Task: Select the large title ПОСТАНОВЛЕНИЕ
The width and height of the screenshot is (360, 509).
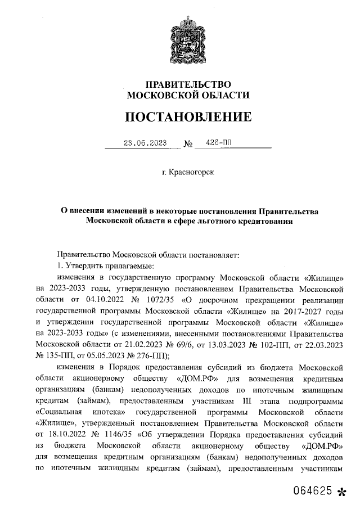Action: [x=188, y=118]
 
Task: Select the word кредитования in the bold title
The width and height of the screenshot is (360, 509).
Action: [x=264, y=222]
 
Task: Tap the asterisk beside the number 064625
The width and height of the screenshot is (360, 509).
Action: [x=341, y=492]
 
